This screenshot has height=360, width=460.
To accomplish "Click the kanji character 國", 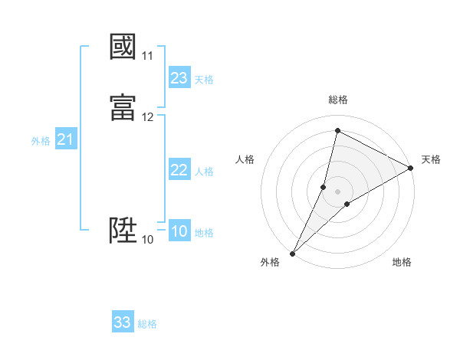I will [123, 46].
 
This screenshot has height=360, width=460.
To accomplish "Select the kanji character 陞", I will [123, 229].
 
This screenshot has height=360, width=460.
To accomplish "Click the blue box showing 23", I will [179, 78].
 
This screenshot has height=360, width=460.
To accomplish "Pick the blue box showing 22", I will [179, 170].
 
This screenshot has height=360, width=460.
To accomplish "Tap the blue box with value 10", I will [179, 231].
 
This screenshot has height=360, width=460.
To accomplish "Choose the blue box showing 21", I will [66, 139].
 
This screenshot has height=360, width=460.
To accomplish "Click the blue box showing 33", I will [123, 322].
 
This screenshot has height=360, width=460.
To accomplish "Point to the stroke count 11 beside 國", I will [147, 56].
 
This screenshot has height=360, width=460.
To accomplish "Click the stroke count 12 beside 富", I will [147, 117].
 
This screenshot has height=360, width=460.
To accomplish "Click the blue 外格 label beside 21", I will [41, 141].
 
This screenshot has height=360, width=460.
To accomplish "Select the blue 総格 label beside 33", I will [147, 324].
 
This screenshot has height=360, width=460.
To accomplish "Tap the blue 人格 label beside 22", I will [204, 172].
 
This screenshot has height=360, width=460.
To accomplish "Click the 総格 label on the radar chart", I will [337, 100].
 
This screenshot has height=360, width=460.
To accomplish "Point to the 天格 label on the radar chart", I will [431, 159].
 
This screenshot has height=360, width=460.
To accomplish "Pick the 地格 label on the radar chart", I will [402, 262].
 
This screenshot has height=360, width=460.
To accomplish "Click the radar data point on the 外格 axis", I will [292, 253].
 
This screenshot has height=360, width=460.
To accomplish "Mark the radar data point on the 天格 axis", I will [411, 168].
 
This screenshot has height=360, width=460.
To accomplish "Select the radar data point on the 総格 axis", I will [337, 131].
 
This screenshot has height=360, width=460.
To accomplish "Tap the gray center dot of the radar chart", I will [337, 191].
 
